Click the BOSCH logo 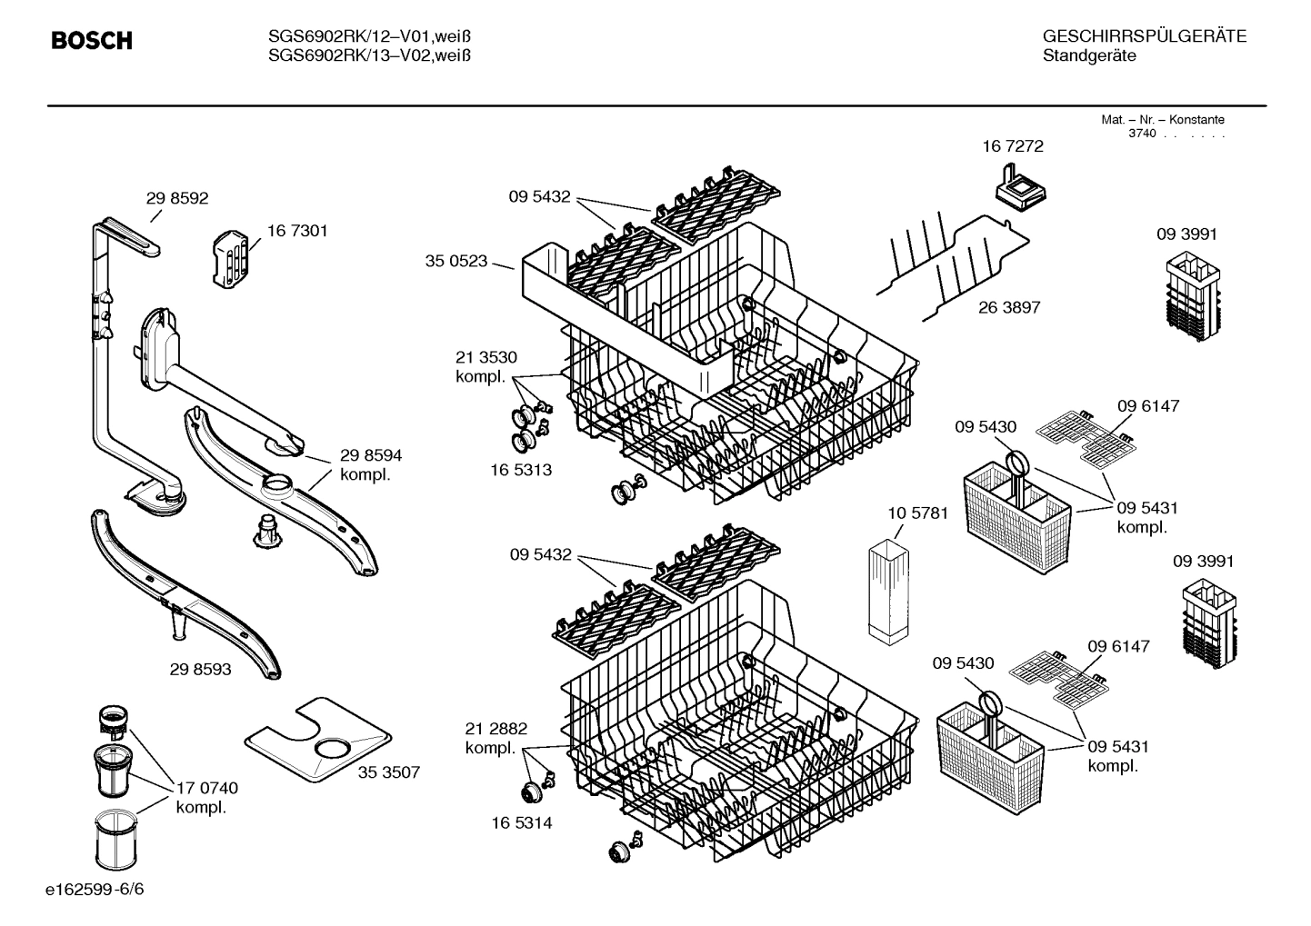92,41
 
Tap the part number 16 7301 297,231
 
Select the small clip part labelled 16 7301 231,258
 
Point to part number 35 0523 456,262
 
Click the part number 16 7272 1012,146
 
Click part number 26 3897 1009,307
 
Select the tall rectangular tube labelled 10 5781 888,593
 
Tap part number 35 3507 388,772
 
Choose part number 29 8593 200,670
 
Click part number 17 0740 207,788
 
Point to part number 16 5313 521,470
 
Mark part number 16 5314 521,823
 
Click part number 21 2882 495,729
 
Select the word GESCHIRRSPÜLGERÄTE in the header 1144,36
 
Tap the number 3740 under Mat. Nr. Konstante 1141,134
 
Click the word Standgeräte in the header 1088,56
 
